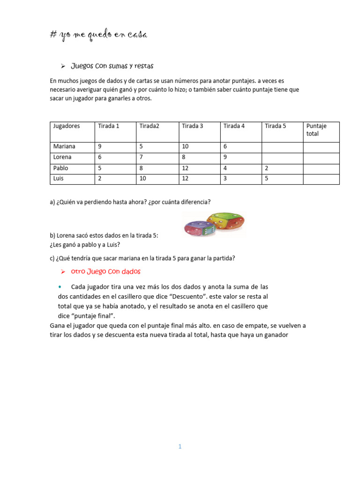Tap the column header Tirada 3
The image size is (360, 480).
point(193,126)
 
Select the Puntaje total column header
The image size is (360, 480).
point(316,130)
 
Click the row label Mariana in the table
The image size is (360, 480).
point(64,147)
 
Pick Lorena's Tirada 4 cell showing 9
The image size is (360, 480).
point(225,157)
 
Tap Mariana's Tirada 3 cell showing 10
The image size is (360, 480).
point(186,147)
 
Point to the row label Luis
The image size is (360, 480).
point(59,179)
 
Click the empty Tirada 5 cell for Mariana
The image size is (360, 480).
point(281,147)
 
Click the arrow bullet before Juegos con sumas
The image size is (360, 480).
point(63,66)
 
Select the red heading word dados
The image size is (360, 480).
point(131,271)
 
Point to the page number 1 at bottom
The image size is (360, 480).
point(180,447)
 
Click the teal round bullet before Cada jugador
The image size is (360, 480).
point(60,286)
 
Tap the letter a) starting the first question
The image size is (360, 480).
point(52,202)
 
